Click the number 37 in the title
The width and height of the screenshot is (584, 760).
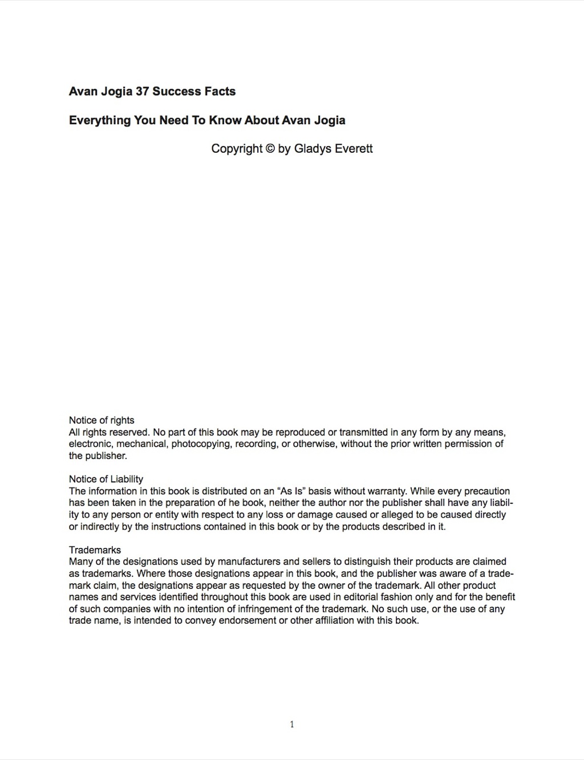pos(143,91)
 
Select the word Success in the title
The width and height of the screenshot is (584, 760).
pos(177,91)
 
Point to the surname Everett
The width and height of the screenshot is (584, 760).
pos(354,149)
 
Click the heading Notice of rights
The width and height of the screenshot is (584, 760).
pos(102,420)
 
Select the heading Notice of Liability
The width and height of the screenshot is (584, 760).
pos(106,479)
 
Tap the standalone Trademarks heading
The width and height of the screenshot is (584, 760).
pos(95,550)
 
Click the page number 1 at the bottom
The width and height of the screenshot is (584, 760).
pos(292,725)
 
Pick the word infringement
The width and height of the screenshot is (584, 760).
pos(265,609)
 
